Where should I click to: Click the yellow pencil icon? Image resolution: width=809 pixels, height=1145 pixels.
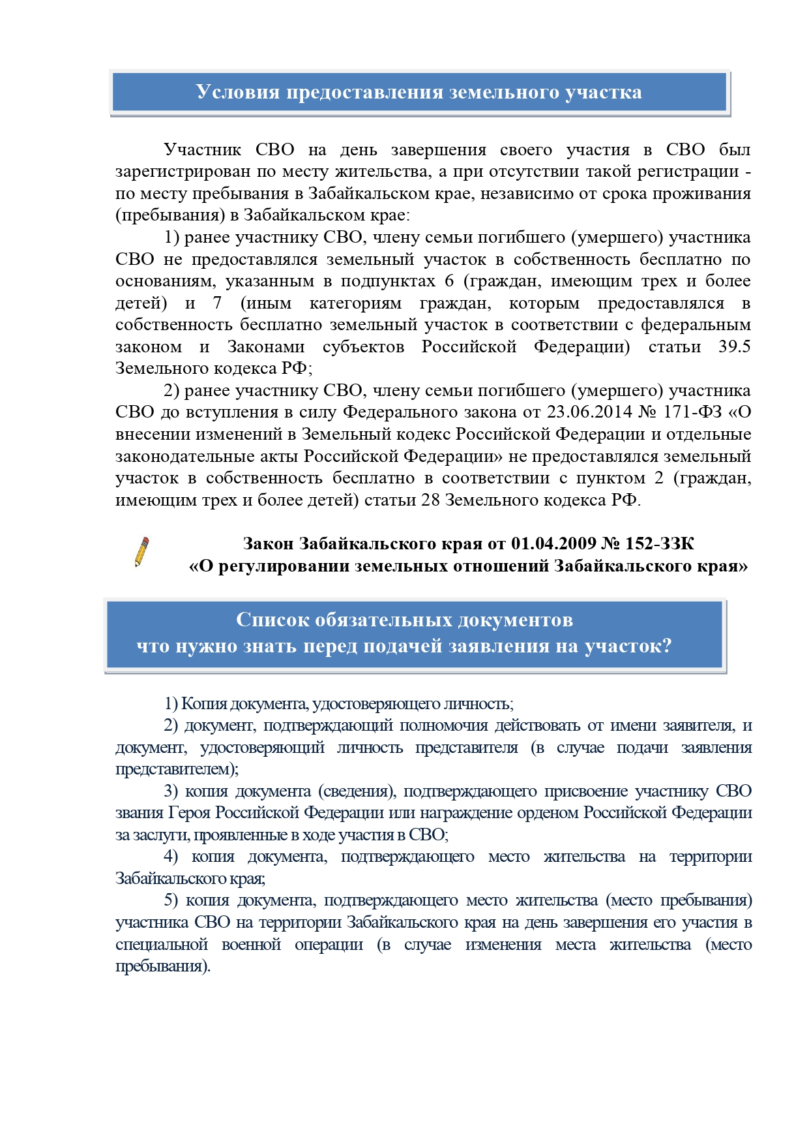(141, 552)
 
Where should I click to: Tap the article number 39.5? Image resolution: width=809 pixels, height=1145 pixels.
(734, 346)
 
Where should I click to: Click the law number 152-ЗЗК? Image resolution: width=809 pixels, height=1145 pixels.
(659, 543)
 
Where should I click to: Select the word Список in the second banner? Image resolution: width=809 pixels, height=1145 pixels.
(272, 619)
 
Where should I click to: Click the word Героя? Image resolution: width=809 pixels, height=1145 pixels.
(190, 813)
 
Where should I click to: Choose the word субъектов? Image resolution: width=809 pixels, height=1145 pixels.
(363, 346)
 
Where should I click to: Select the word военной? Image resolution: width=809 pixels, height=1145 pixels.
(251, 945)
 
